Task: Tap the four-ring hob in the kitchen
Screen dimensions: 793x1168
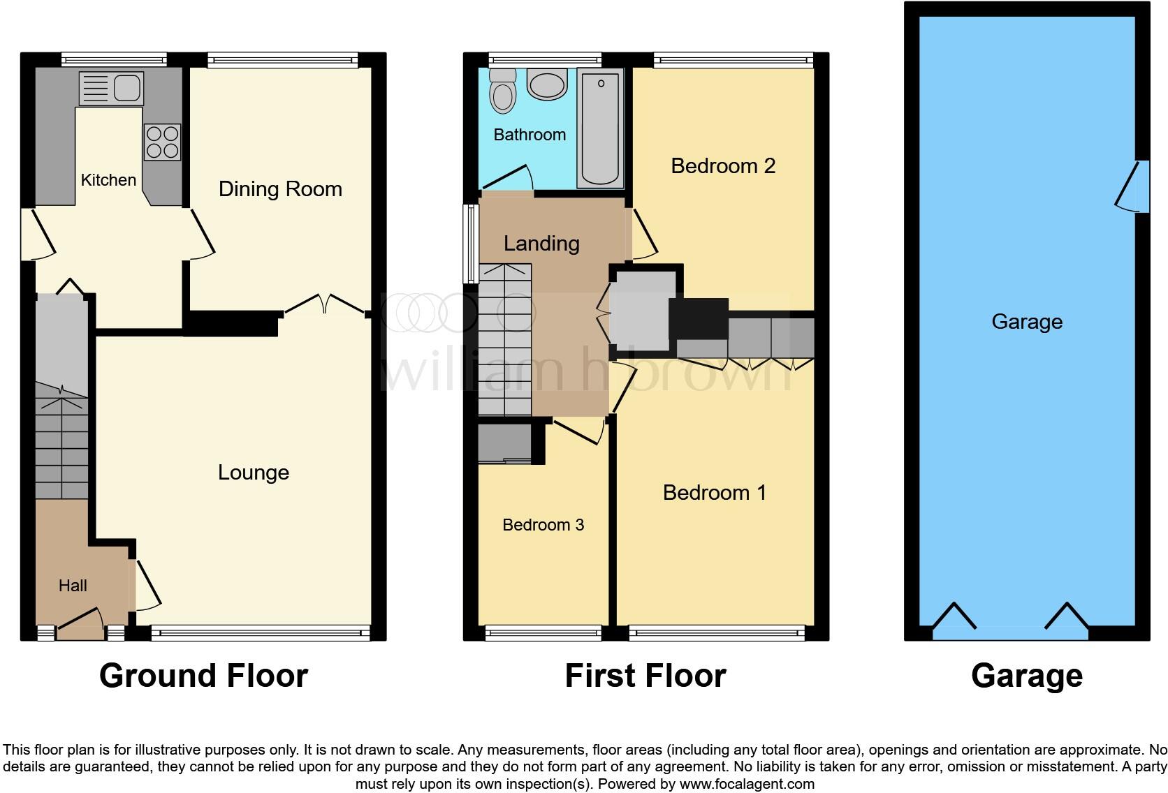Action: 162,142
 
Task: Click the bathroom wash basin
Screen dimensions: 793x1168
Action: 547,86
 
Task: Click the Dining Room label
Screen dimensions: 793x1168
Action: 280,189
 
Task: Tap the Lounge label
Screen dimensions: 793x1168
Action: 254,473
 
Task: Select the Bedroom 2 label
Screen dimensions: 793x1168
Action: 723,166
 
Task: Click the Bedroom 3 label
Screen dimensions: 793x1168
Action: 543,525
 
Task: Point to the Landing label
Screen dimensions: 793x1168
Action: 541,244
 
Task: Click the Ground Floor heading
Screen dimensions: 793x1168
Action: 203,676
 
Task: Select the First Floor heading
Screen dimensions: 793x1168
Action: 645,676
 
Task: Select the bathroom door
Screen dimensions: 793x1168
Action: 508,177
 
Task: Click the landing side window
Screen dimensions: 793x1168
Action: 472,243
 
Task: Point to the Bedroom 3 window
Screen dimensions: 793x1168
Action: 543,633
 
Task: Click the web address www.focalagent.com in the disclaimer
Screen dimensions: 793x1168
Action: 746,784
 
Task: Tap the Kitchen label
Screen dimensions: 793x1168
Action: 108,180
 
